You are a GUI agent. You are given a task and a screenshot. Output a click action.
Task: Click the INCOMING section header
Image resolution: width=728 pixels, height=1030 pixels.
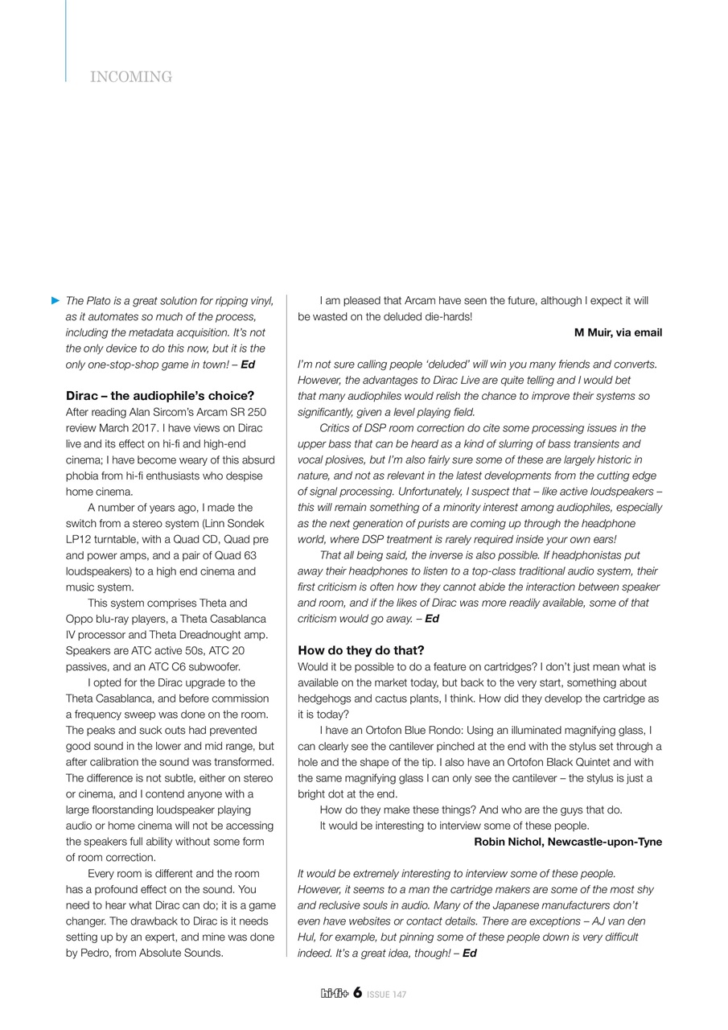pyautogui.click(x=131, y=77)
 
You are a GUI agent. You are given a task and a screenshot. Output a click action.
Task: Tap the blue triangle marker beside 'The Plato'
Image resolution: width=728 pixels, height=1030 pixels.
pyautogui.click(x=56, y=300)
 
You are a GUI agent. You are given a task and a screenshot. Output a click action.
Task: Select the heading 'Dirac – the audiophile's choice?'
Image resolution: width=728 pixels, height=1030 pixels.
pyautogui.click(x=159, y=396)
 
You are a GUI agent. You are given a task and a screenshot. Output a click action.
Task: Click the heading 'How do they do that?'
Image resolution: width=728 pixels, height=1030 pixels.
pyautogui.click(x=360, y=650)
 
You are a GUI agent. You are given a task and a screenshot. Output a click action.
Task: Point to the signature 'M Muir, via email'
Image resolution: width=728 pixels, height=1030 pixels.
pyautogui.click(x=618, y=332)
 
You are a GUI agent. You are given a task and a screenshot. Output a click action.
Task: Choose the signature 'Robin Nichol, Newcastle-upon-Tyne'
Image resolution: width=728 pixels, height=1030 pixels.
pyautogui.click(x=568, y=842)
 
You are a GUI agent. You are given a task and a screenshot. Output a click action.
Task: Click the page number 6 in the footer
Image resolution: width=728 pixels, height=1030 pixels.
pyautogui.click(x=357, y=993)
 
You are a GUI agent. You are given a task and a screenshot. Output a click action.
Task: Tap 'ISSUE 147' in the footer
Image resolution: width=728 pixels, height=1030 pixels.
pyautogui.click(x=387, y=995)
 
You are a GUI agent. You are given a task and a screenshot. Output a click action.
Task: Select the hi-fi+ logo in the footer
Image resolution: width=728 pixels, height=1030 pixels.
pyautogui.click(x=335, y=994)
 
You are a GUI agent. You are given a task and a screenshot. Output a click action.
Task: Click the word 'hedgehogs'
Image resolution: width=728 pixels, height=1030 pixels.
pyautogui.click(x=325, y=698)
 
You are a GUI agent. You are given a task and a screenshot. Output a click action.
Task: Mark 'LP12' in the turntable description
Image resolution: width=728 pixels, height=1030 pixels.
pyautogui.click(x=79, y=539)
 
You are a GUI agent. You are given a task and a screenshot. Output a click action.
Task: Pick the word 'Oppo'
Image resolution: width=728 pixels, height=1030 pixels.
pyautogui.click(x=79, y=619)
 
